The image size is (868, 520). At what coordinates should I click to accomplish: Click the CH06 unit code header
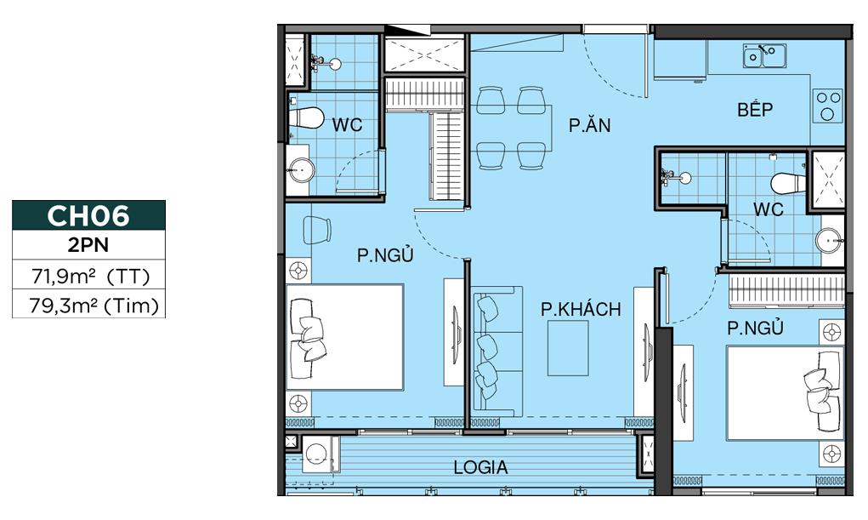(88, 216)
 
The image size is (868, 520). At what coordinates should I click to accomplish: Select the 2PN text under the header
(88, 248)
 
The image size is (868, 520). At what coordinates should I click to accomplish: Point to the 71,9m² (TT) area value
(88, 276)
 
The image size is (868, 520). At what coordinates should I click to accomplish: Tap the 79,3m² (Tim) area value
(88, 305)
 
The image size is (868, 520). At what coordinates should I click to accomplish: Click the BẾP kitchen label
(755, 110)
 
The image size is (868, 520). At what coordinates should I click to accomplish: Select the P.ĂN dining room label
(590, 126)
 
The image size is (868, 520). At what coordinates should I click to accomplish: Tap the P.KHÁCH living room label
(581, 309)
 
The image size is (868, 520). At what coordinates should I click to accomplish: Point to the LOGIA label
(480, 467)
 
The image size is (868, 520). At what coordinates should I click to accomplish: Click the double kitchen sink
(763, 56)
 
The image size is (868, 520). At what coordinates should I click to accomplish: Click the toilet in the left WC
(306, 117)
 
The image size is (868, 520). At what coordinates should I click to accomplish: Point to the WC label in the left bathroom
(347, 125)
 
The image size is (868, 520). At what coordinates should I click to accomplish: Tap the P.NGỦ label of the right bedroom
(754, 328)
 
